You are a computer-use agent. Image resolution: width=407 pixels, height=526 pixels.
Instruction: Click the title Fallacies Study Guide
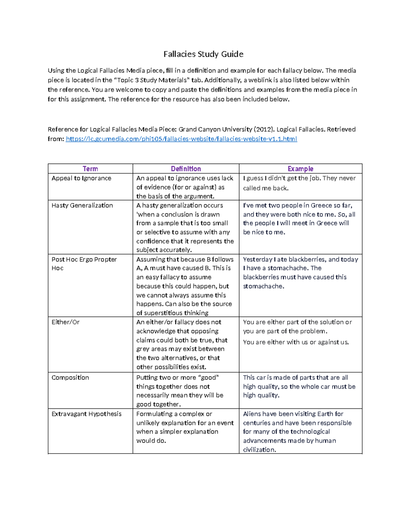[x=203, y=54]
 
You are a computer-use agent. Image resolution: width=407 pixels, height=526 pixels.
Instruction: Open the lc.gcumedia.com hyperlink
[x=181, y=139]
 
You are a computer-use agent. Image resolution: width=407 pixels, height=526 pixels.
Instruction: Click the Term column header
[x=90, y=169]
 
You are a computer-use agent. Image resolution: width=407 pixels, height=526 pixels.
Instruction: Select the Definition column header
[x=186, y=169]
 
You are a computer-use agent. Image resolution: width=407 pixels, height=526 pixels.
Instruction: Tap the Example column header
[x=300, y=169]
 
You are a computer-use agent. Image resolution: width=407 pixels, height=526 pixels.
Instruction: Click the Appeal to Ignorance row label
[x=81, y=178]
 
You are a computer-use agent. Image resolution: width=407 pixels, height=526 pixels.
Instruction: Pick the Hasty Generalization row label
[x=82, y=205]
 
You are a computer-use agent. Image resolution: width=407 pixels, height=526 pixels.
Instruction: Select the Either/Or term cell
[x=65, y=322]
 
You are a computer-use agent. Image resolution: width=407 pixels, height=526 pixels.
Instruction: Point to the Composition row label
[x=70, y=378]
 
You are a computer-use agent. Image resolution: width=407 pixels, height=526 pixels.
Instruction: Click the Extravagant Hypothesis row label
[x=86, y=414]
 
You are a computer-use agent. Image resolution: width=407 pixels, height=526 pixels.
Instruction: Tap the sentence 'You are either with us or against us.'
[x=296, y=342]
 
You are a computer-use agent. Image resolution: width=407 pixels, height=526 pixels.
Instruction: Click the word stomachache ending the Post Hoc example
[x=263, y=286]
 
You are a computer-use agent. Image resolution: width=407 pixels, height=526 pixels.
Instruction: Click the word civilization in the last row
[x=259, y=450]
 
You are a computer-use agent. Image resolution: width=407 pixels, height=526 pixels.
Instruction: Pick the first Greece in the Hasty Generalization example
[x=321, y=205]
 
